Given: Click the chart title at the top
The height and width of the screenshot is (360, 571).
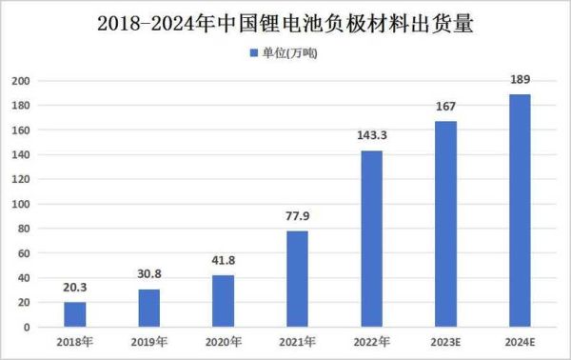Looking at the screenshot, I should [x=285, y=21].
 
